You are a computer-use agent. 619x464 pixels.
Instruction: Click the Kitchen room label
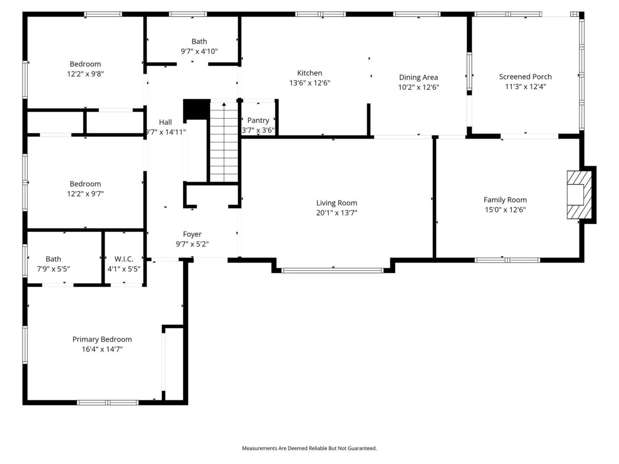coord(309,73)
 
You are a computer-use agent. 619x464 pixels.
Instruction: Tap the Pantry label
coord(258,121)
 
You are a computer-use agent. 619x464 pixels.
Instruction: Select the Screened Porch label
coord(525,77)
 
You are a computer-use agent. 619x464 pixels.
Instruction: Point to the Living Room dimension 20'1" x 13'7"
coord(336,213)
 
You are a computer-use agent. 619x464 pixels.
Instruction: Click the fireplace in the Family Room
coord(579,195)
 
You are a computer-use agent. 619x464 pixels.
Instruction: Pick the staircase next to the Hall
coord(224,142)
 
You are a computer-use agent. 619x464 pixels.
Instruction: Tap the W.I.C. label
coord(124,259)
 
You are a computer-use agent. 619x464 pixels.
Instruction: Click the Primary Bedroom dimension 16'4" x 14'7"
coord(102,350)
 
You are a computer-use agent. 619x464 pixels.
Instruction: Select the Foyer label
coord(192,234)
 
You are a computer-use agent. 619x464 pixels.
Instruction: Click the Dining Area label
coord(418,77)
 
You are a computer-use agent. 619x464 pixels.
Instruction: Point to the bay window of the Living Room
coord(333,271)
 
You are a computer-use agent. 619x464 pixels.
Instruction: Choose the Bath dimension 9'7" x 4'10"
coord(199,51)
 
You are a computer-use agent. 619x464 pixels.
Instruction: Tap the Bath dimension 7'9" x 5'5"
coord(53,269)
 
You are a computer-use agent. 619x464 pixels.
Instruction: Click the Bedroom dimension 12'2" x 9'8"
coord(85,74)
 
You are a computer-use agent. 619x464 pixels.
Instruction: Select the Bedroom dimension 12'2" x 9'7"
coord(85,194)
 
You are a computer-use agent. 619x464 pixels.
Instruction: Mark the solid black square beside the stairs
coord(197,109)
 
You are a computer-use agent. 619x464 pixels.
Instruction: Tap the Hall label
coord(165,122)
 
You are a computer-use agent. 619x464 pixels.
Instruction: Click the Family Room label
coord(505,200)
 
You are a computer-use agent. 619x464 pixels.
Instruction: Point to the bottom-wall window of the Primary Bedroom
coord(107,403)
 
